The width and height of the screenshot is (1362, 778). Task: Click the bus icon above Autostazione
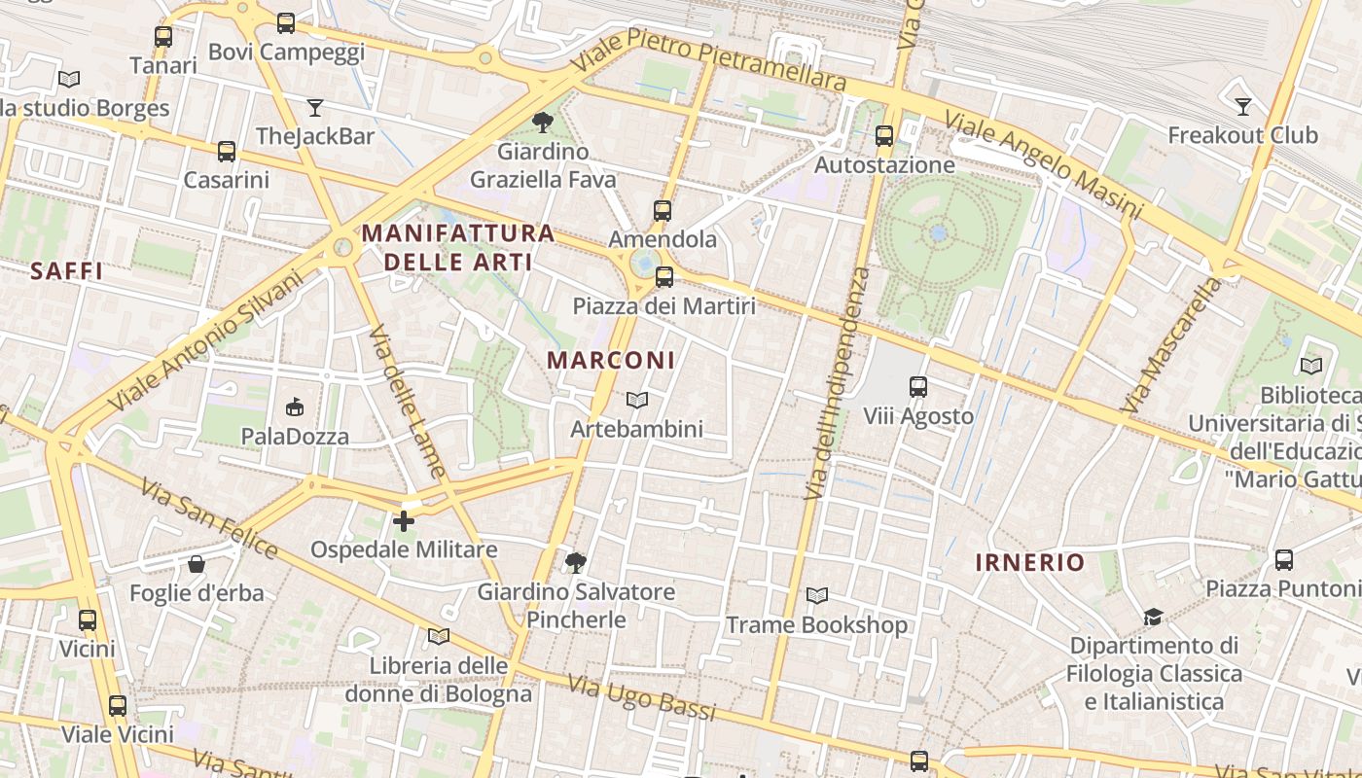(884, 136)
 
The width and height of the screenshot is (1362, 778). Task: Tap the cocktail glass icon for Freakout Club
(1242, 106)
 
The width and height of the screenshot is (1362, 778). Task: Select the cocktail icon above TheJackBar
(314, 107)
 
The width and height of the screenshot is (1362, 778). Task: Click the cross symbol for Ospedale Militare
(403, 521)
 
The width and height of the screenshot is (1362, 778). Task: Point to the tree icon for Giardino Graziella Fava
(542, 123)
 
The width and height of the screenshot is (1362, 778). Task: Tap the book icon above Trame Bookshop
(817, 595)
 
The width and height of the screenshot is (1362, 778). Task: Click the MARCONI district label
(611, 360)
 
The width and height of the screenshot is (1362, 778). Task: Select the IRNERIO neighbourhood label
(1029, 562)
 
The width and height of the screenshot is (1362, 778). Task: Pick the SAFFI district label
(66, 271)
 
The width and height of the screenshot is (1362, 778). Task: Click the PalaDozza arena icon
(295, 407)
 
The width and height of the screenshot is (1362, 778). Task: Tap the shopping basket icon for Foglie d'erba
(197, 564)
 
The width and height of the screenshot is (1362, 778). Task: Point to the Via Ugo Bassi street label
(641, 699)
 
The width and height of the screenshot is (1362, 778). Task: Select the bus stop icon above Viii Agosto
(917, 387)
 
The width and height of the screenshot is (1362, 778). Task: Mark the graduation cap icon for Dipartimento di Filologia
(1153, 617)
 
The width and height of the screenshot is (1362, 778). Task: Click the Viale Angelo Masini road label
(1042, 163)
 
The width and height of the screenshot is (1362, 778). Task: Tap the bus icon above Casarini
(227, 151)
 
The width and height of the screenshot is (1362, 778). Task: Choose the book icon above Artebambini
(637, 400)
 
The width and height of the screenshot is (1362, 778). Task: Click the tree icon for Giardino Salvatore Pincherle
(575, 562)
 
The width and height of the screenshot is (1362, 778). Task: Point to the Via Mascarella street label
(1170, 344)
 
